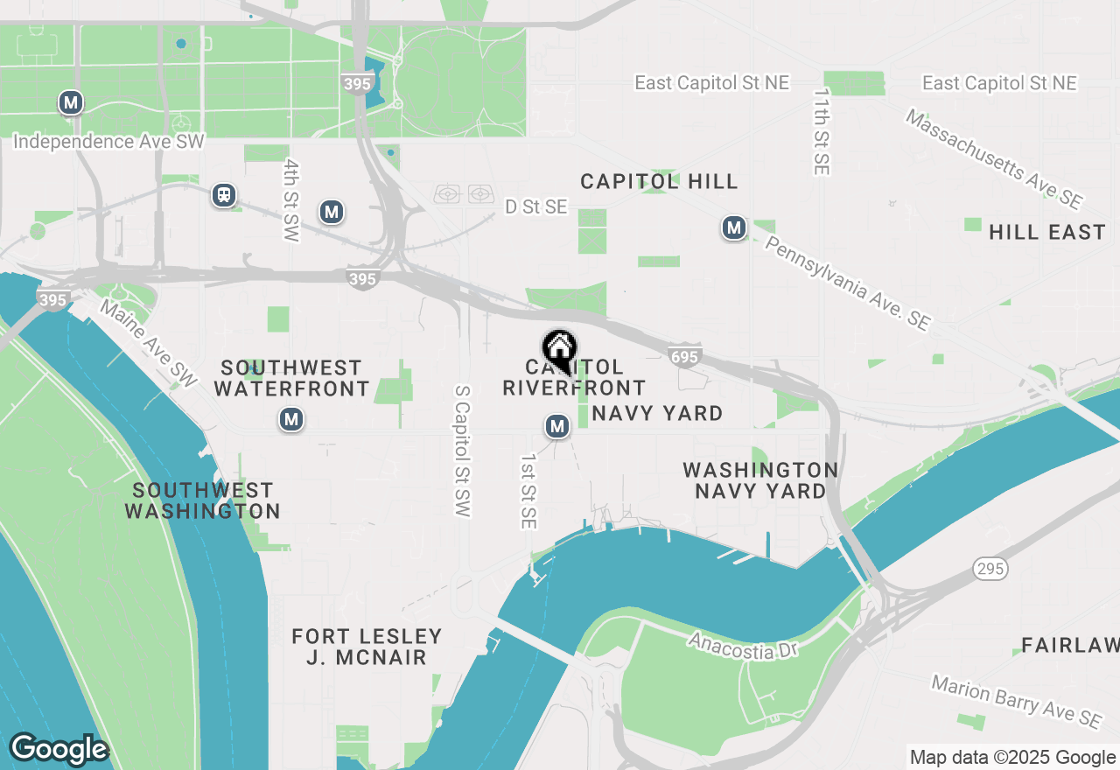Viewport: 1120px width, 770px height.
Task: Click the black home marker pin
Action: coord(559,351)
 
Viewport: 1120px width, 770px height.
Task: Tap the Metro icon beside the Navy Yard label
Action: coord(557,426)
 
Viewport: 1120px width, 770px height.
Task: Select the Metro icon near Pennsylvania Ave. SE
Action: coord(733,228)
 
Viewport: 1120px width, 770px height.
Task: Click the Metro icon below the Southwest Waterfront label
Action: coord(291,419)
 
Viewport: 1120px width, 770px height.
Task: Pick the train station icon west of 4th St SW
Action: coord(225,194)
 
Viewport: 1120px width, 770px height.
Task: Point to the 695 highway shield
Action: coord(684,355)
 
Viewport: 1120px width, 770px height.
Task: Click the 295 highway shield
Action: coord(990,569)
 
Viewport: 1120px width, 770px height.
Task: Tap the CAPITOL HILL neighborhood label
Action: coord(660,181)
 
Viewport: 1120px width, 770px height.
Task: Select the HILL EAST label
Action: coord(1046,232)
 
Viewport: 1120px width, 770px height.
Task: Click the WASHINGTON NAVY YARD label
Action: coord(760,480)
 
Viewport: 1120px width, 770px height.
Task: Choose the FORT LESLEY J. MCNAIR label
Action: coord(367,647)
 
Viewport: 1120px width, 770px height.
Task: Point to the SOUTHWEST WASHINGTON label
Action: coord(202,500)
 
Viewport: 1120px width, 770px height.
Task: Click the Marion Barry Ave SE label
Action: coord(1015,701)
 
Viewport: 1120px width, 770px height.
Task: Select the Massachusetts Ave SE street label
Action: coord(993,157)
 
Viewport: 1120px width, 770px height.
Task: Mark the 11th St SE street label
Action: coord(821,131)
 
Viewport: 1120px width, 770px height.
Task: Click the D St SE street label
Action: coord(536,206)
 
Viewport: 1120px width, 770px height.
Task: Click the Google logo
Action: coord(59,749)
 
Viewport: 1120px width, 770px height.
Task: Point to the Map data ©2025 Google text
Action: coord(1012,758)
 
